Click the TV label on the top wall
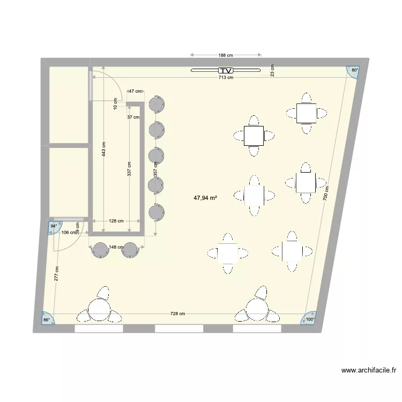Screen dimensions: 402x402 (226, 71)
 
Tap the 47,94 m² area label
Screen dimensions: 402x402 (205, 198)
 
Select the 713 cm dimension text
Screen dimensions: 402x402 (226, 78)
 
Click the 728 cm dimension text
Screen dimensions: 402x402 (178, 314)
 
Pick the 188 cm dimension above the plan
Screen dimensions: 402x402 (226, 55)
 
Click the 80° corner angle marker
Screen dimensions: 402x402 (354, 70)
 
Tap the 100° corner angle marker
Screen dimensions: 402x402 (309, 319)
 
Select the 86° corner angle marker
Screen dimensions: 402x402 (47, 320)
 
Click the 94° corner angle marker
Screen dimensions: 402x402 (54, 226)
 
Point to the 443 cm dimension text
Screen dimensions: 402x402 (103, 151)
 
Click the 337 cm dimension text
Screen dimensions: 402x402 (129, 170)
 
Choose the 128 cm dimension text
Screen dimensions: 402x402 (116, 221)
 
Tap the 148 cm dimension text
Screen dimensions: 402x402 (115, 247)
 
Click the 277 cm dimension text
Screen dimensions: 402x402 (56, 274)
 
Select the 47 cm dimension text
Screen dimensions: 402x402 (135, 92)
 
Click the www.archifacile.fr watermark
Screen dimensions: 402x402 (368, 370)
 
